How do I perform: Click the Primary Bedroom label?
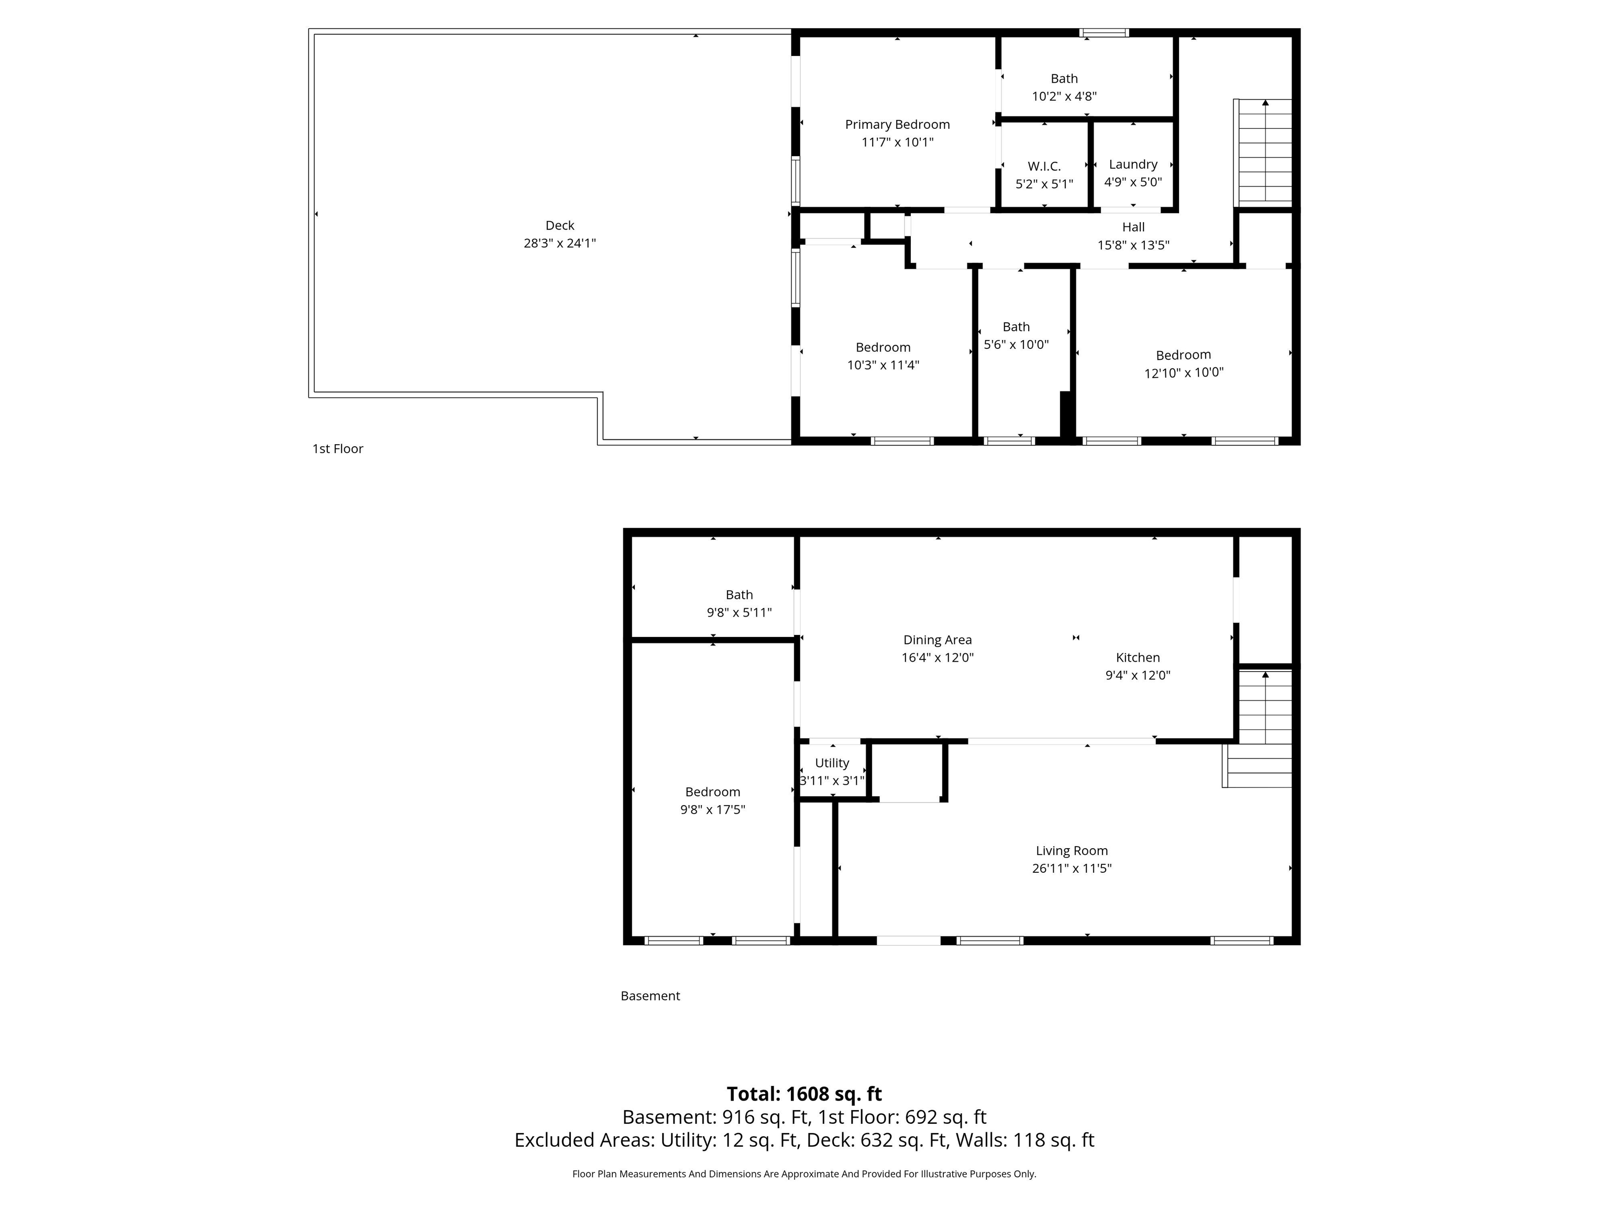click(897, 124)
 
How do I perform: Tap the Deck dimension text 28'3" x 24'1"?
click(559, 243)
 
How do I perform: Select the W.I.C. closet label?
click(1044, 167)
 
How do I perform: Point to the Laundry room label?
click(1132, 164)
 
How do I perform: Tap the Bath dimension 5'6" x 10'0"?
click(1016, 344)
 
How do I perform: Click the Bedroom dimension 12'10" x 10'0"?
click(1184, 372)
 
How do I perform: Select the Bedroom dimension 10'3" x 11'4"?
click(883, 365)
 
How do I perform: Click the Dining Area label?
click(937, 640)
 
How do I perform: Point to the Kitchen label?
click(1138, 657)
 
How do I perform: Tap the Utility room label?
click(831, 762)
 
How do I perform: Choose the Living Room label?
click(1072, 850)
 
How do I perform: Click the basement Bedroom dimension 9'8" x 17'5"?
click(712, 809)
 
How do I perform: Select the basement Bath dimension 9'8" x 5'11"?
click(739, 612)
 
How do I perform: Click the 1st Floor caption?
click(337, 449)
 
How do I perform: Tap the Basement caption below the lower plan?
click(649, 996)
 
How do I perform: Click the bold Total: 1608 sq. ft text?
click(804, 1093)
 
